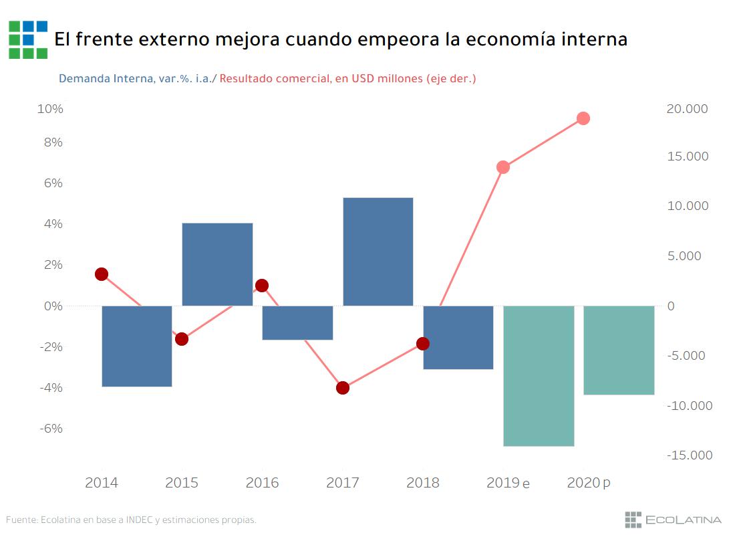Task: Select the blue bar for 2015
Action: (x=217, y=264)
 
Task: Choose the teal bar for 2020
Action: (x=619, y=350)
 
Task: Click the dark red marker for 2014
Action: (x=102, y=274)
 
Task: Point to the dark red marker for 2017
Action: (x=343, y=388)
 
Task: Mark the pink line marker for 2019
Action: (x=503, y=167)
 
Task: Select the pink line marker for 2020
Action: (x=583, y=118)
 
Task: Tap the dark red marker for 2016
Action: (x=262, y=286)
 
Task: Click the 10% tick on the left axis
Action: (x=50, y=109)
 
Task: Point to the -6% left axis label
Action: (x=50, y=428)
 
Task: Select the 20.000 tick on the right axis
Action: (x=687, y=109)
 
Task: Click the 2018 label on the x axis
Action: (x=423, y=483)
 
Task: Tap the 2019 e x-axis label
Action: (x=508, y=483)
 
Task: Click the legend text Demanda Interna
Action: (x=106, y=79)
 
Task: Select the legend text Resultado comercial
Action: (x=275, y=79)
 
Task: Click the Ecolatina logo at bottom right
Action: (x=673, y=520)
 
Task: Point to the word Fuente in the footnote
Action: (x=21, y=520)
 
